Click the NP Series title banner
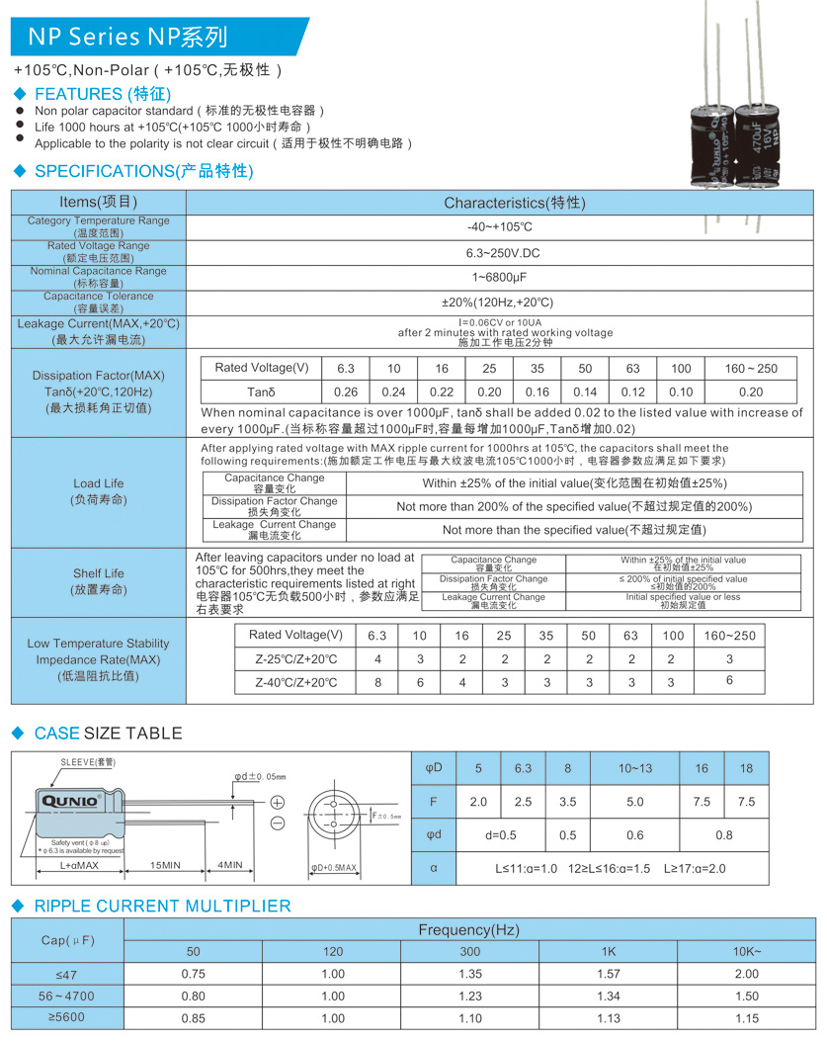point(128,38)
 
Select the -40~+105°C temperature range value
point(499,227)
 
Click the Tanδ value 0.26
point(346,392)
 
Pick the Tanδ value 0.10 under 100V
point(681,392)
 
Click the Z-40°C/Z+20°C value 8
point(376,682)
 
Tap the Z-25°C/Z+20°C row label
point(295,659)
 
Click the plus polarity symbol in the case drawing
point(278,802)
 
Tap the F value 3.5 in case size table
point(567,802)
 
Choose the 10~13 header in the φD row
point(635,768)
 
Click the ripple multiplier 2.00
point(746,973)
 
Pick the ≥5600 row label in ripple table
point(67,1018)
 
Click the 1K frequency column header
point(608,951)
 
